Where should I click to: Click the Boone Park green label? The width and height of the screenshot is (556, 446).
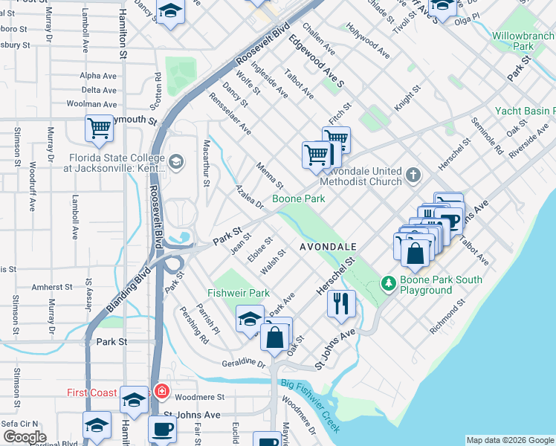[x=298, y=199]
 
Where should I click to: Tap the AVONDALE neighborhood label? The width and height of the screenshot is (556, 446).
[x=329, y=246]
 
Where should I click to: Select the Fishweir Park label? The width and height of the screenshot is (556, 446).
[x=239, y=293]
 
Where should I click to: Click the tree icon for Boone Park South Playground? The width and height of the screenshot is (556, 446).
[x=388, y=283]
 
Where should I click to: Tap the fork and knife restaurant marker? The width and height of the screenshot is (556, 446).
[x=341, y=303]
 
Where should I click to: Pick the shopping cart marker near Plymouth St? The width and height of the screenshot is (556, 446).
[x=99, y=128]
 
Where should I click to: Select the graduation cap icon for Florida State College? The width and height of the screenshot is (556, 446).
[x=176, y=161]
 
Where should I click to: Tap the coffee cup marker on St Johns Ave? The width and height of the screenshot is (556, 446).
[x=163, y=428]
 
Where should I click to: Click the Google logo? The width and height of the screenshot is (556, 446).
[x=25, y=437]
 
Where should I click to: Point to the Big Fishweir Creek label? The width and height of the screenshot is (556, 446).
[x=311, y=406]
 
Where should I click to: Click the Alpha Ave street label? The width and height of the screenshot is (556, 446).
[x=99, y=75]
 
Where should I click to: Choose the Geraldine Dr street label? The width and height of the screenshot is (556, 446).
[x=243, y=363]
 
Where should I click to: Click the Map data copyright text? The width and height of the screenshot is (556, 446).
[x=509, y=440]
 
